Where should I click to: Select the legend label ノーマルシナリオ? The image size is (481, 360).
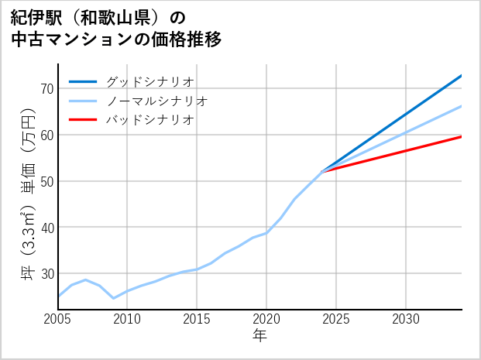(156, 101)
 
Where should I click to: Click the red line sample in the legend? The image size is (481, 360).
(84, 120)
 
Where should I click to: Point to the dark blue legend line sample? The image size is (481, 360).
(84, 81)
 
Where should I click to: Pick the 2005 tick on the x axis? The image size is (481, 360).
(58, 319)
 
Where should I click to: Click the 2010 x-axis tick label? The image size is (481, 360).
(127, 319)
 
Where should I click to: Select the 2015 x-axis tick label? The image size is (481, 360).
(197, 319)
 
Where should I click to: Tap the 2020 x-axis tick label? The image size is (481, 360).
(266, 319)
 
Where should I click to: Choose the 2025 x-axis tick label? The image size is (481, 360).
(336, 319)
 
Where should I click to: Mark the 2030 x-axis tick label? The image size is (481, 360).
(406, 319)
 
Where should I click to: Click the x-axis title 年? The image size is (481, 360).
(260, 336)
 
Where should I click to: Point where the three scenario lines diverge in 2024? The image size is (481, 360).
(322, 171)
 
